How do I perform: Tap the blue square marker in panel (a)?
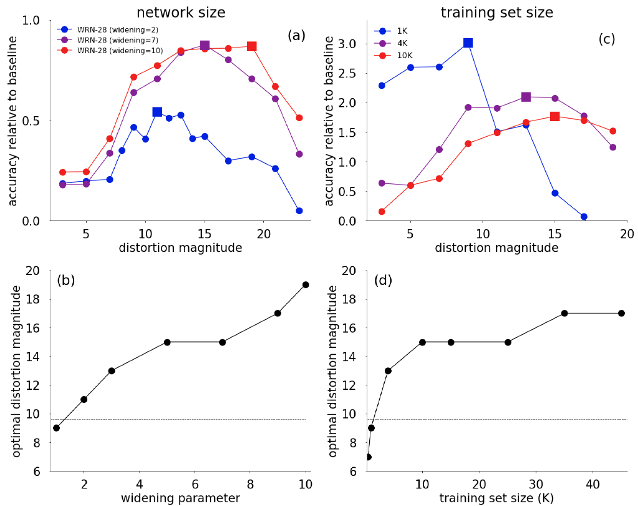157,112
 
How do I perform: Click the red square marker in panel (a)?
251,46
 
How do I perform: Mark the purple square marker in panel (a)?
205,46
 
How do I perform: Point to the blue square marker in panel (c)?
468,43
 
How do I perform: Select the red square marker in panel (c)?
554,117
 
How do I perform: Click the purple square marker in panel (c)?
526,97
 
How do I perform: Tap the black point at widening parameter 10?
306,285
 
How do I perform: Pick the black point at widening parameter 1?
56,428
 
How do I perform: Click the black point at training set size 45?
621,313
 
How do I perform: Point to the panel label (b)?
66,280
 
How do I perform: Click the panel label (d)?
383,280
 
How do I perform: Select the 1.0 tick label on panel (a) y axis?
32,21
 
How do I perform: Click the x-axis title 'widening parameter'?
180,497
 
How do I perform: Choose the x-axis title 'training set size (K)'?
496,497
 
